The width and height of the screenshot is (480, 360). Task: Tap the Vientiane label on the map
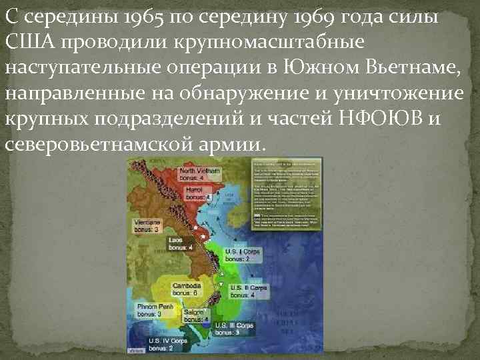[147, 225]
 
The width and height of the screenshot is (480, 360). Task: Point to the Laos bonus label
[181, 243]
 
